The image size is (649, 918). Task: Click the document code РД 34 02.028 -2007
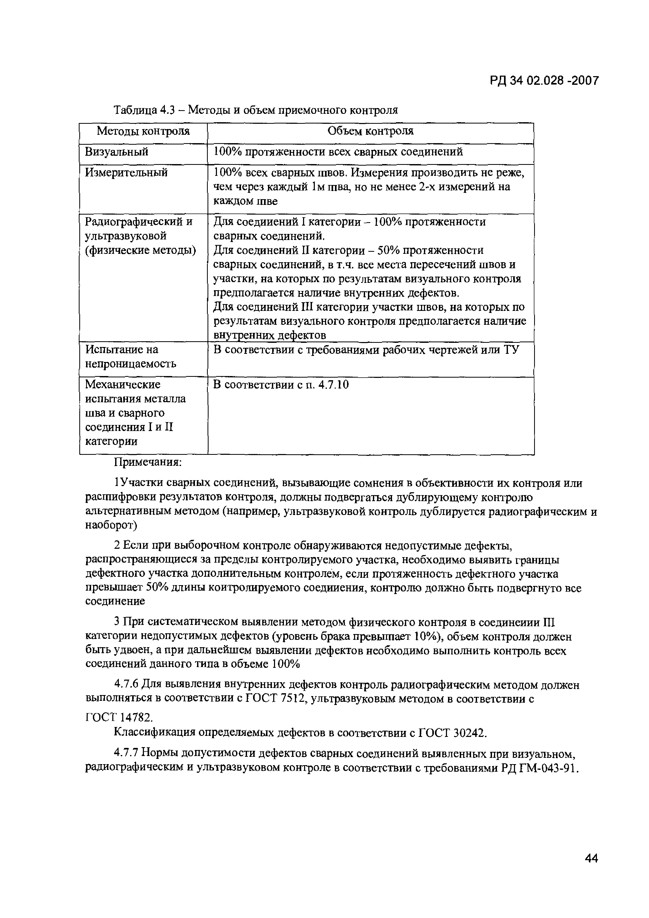click(x=544, y=81)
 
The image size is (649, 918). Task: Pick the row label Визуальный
click(x=117, y=152)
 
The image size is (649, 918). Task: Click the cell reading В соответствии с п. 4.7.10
click(x=281, y=385)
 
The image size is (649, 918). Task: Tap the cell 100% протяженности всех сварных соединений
click(x=338, y=152)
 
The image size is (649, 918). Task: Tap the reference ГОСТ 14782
click(x=119, y=718)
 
